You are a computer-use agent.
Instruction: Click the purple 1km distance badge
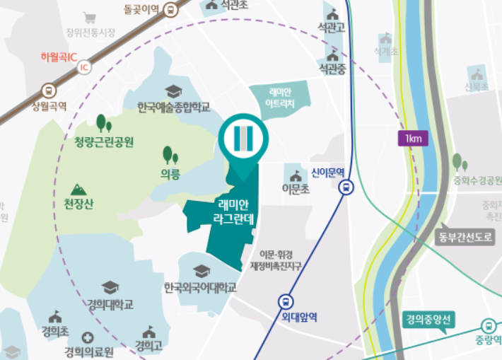coord(414,138)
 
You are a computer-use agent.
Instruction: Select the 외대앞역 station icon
coord(286,301)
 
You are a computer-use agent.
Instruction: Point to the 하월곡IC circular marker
coord(84,68)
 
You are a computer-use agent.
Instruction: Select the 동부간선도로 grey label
coord(465,236)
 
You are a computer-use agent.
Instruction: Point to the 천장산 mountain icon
coord(78,190)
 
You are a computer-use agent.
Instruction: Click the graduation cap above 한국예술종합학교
coord(173,91)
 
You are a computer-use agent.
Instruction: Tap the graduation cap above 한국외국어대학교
coord(202,272)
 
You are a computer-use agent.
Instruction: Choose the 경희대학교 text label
coord(110,305)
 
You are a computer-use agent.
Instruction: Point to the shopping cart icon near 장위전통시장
coord(90,18)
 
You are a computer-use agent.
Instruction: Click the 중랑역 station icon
coord(488,326)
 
